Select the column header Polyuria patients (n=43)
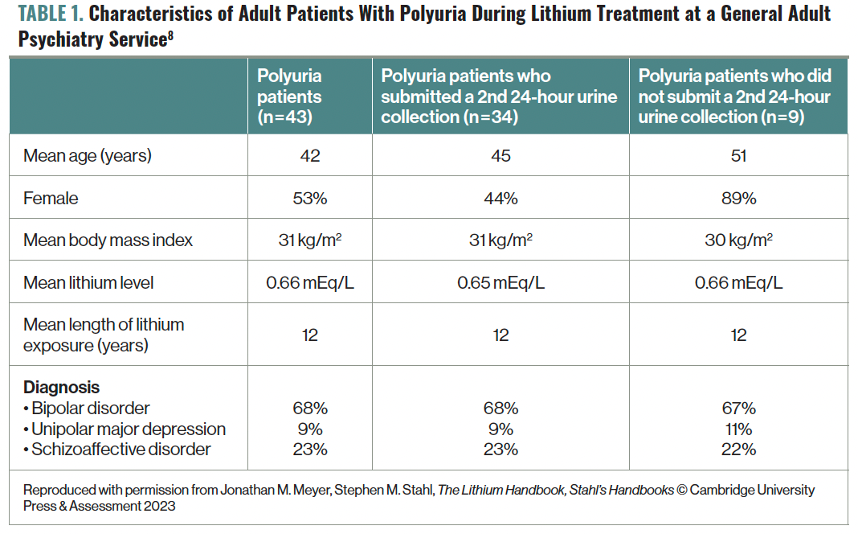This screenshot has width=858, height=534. (x=290, y=97)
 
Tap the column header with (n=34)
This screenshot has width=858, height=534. (x=499, y=97)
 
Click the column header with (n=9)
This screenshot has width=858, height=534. (x=735, y=97)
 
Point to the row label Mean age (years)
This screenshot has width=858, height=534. (x=87, y=156)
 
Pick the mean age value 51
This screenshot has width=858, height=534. (x=738, y=156)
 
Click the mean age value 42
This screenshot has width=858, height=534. (x=310, y=156)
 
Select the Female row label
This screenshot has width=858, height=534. (x=51, y=198)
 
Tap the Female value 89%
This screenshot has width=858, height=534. (x=738, y=198)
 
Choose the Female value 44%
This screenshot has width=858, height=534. (x=500, y=198)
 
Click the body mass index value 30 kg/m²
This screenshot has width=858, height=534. (x=738, y=240)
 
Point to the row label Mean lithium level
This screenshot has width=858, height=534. (x=88, y=282)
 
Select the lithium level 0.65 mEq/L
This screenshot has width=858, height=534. (x=500, y=282)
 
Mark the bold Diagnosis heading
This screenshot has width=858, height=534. (x=61, y=388)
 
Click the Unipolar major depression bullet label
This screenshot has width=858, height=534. (x=125, y=429)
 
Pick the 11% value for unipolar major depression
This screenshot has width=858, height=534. (x=738, y=429)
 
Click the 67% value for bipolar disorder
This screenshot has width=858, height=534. (x=738, y=409)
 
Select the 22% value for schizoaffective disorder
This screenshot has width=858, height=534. (x=738, y=450)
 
